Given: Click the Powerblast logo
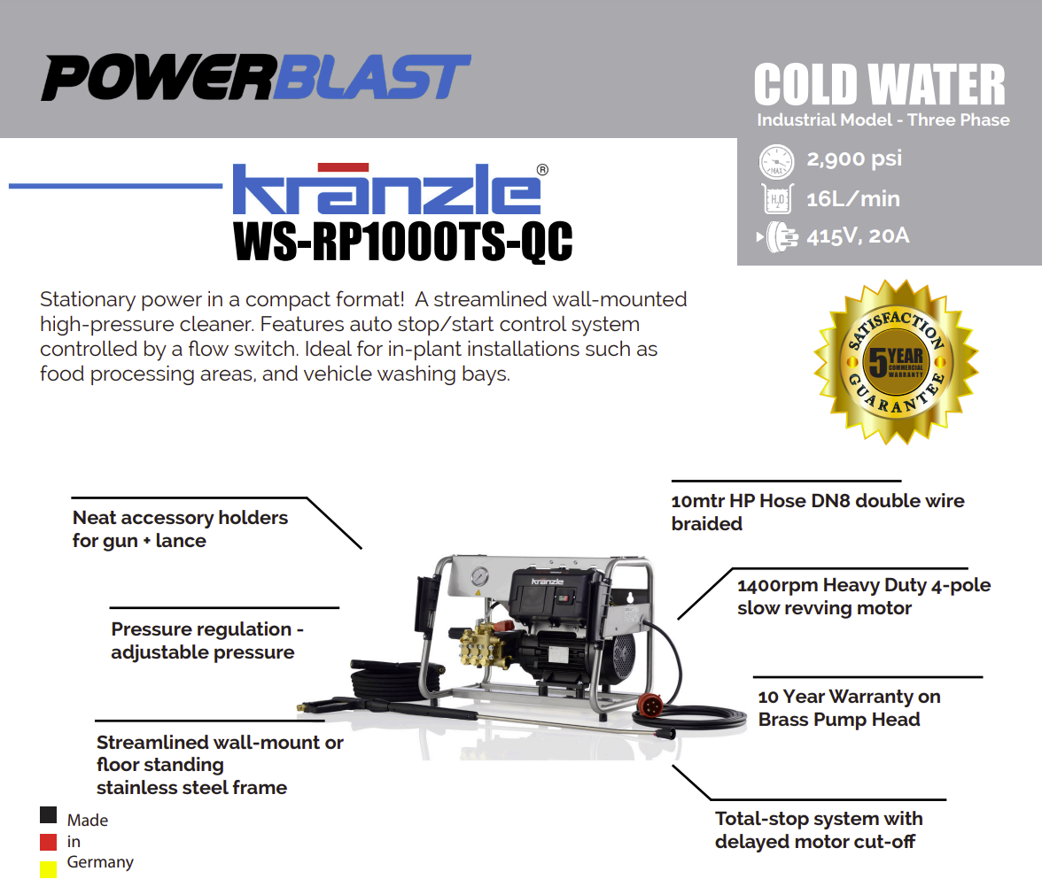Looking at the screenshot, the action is (256, 78).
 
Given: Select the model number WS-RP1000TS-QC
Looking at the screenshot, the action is (402, 242).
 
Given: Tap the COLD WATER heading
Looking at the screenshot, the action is (879, 84).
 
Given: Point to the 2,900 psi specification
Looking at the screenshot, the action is (854, 158).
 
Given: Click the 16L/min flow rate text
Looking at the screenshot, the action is (853, 198).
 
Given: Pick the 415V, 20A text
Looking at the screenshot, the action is (858, 235).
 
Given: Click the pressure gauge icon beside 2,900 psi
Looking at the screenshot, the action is (776, 161).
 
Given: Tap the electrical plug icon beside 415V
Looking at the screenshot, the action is (779, 237).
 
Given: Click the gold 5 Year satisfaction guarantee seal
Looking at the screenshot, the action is (897, 362).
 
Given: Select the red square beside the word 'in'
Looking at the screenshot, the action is (48, 842).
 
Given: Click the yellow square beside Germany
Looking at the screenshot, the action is (48, 869).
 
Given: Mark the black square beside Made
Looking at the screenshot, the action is (48, 814).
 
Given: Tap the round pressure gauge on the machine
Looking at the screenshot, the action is (478, 576).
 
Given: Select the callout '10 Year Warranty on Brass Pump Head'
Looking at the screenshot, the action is (849, 708).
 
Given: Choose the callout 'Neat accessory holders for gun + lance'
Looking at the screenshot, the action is (180, 529).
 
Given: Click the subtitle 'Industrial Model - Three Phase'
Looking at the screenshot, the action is (883, 120).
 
